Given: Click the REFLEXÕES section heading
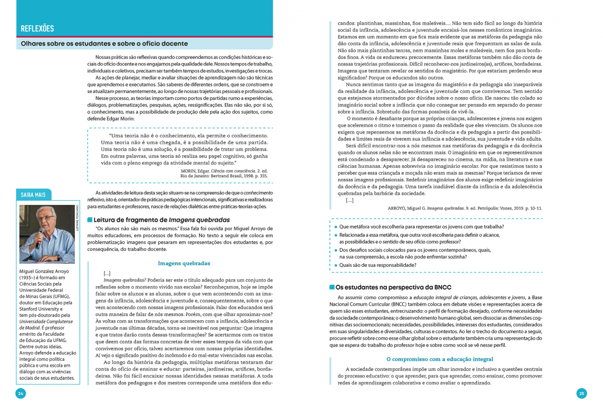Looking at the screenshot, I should coord(37,28).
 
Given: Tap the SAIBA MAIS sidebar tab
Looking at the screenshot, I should coord(35,195).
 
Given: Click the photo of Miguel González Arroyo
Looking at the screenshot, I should coord(47,234).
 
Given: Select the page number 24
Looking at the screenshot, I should coord(20,393).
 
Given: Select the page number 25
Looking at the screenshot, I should coord(582,393).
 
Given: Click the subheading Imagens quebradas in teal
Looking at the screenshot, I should coord(185,263).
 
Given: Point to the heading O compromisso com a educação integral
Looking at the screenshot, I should coord(439,358).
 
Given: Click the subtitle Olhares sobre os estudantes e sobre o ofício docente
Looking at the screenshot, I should coord(104,44).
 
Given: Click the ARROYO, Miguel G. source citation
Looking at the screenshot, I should coord(465,208).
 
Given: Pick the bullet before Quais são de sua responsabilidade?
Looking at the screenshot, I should coord(336,265).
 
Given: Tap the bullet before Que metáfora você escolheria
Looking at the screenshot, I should coord(336,226).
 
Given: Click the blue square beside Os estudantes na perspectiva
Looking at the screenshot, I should coord(332,287).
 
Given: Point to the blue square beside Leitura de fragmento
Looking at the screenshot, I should coord(90,220).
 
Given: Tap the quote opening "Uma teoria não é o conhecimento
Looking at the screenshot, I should coord(177,135).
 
